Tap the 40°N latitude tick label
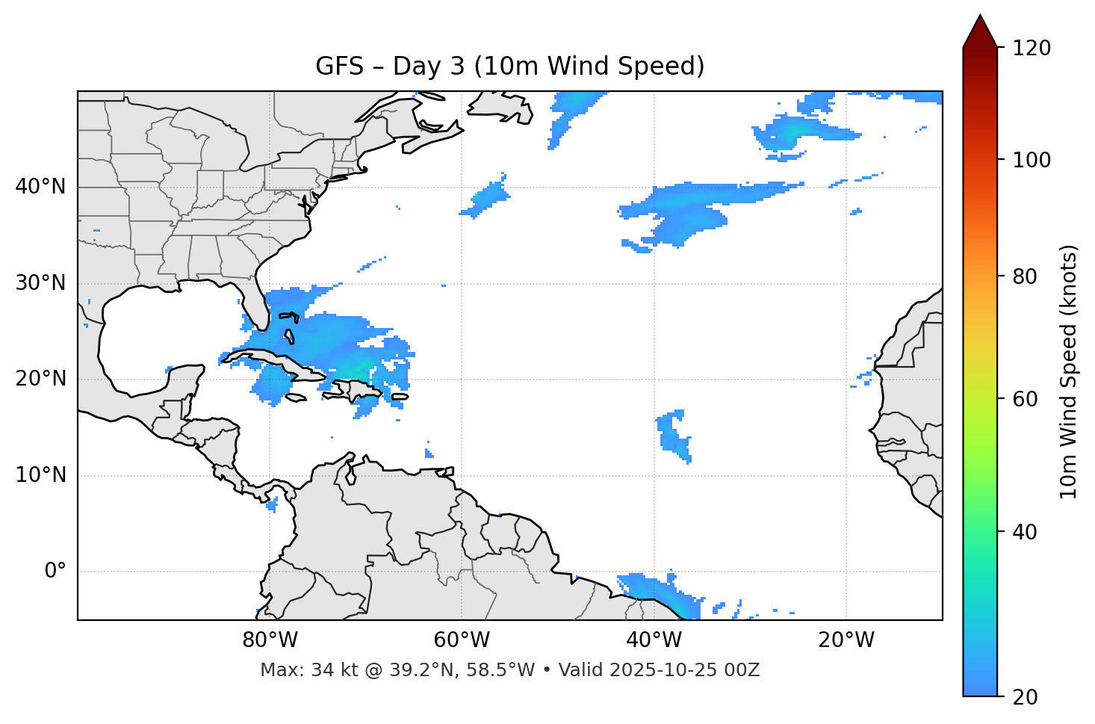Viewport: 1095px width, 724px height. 40,187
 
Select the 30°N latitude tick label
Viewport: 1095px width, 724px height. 40,283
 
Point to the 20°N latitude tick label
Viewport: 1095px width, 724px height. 40,379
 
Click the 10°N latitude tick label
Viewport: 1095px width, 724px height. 40,475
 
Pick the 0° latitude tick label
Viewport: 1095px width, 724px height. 55,572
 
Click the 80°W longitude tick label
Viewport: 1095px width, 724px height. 270,640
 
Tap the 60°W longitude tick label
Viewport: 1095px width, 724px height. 462,640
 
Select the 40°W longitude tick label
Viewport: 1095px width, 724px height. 654,640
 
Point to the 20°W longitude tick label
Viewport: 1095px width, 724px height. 846,640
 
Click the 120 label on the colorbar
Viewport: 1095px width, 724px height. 1032,48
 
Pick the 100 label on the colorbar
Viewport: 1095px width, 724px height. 1032,160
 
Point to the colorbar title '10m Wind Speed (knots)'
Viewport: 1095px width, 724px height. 1069,371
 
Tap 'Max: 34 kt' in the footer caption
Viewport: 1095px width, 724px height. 292,670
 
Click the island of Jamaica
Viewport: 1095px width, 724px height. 297,397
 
